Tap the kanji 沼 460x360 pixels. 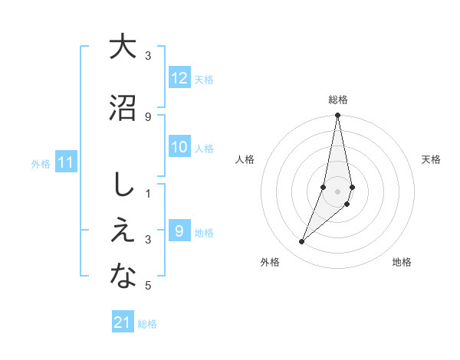pyautogui.click(x=123, y=108)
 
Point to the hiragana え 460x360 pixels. pyautogui.click(x=123, y=231)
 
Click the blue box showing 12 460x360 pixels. pyautogui.click(x=179, y=77)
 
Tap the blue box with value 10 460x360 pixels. pyautogui.click(x=179, y=147)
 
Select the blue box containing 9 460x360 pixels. pyautogui.click(x=179, y=231)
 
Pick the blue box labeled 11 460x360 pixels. pyautogui.click(x=67, y=162)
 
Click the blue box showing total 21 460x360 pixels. pyautogui.click(x=123, y=322)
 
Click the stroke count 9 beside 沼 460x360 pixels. pyautogui.click(x=148, y=116)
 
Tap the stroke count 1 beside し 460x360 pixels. pyautogui.click(x=148, y=193)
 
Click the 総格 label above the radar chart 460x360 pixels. pyautogui.click(x=338, y=100)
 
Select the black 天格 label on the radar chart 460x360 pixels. pyautogui.click(x=432, y=159)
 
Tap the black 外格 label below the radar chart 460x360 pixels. pyautogui.click(x=270, y=262)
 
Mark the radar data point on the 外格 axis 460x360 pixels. pyautogui.click(x=302, y=242)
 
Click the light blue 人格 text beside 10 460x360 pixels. pyautogui.click(x=204, y=148)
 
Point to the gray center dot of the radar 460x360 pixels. pyautogui.click(x=338, y=191)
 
